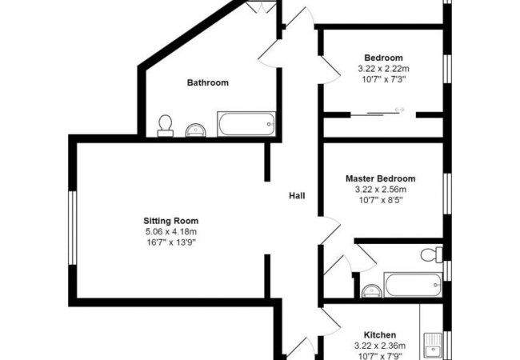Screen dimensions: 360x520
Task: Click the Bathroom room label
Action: (x=208, y=82)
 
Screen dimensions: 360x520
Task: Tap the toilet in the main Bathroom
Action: (x=166, y=125)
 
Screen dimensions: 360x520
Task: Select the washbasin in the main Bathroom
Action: (x=194, y=129)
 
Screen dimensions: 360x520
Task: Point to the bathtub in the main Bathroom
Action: (x=246, y=125)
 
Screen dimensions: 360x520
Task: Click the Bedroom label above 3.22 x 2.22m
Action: (x=383, y=58)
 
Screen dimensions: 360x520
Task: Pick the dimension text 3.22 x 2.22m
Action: (x=383, y=69)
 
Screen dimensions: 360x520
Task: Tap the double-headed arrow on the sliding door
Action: (x=398, y=110)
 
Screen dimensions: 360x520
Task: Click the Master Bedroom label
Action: (x=381, y=178)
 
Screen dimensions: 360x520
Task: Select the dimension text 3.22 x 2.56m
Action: (x=381, y=190)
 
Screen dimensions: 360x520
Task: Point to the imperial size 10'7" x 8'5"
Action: (x=381, y=201)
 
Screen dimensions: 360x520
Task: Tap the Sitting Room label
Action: (x=170, y=221)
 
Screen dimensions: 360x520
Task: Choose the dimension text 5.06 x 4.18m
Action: (x=170, y=231)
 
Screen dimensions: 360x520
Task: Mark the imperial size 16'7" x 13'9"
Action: (x=170, y=242)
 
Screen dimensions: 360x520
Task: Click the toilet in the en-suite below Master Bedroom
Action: (x=430, y=255)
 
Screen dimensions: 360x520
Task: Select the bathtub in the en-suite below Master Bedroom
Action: (x=413, y=284)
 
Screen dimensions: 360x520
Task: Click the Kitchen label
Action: (x=380, y=334)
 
